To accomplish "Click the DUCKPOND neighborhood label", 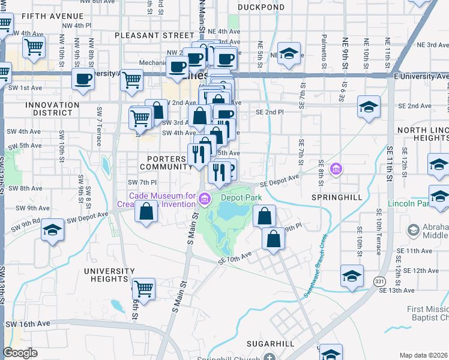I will [x=261, y=7].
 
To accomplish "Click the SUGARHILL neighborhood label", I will [x=270, y=344].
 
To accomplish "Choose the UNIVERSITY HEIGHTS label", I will [x=109, y=275].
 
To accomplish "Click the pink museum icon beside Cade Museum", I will [x=205, y=197].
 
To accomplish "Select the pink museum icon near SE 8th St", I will [x=336, y=170].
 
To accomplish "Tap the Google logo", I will [x=20, y=353].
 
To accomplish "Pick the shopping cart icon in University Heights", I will [x=144, y=289].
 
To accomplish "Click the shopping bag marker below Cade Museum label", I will [x=146, y=212].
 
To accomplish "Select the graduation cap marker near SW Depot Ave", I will [x=52, y=230].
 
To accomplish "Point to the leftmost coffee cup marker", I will [x=83, y=79].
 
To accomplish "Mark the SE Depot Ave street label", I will [x=279, y=181].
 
